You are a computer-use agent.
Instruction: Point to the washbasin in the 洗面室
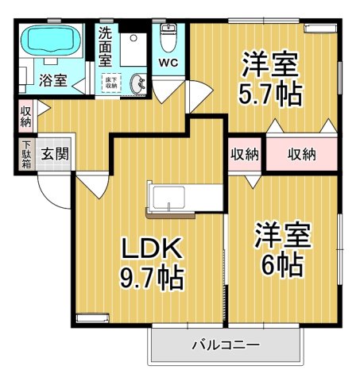[x=138, y=83]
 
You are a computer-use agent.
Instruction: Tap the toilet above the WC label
[x=168, y=37]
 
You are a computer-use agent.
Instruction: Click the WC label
[x=168, y=62]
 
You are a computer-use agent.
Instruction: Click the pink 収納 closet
[x=301, y=154]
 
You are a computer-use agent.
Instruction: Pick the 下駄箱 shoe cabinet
[x=25, y=154]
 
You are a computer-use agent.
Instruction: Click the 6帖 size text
[x=280, y=265]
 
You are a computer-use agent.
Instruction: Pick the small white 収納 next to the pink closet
[x=246, y=154]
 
